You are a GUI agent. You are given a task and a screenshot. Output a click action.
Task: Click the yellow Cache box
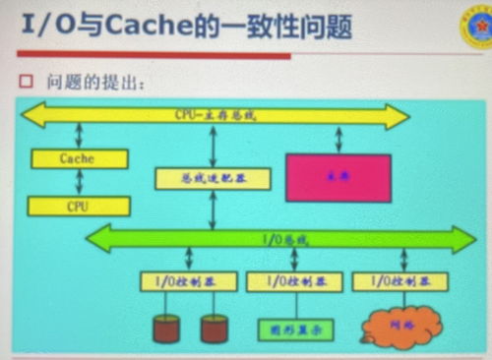pos(79,158)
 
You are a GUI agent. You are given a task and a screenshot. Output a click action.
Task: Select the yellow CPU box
pos(79,207)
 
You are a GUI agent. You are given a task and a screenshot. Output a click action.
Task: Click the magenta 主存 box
pos(338,178)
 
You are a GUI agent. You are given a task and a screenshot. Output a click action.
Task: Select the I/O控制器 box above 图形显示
pos(294,282)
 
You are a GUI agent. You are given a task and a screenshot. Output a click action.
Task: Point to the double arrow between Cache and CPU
pos(79,183)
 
